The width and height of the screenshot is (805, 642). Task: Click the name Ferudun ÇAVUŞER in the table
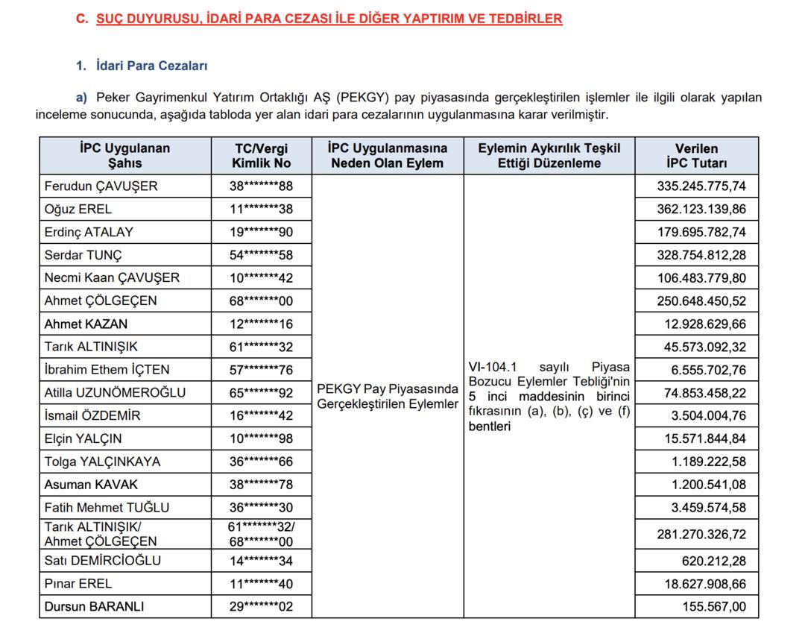[x=101, y=186]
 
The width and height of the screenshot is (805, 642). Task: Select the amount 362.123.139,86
[x=701, y=209]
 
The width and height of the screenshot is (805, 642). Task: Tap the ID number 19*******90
[x=261, y=232]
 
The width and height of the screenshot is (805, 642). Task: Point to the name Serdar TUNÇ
[x=83, y=255]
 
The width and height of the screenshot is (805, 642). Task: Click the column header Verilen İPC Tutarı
[x=696, y=155]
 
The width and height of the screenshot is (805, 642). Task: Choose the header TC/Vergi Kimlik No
[x=261, y=155]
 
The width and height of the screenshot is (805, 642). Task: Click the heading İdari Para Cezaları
[x=151, y=66]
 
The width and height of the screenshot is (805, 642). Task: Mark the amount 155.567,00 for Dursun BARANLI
[x=714, y=606]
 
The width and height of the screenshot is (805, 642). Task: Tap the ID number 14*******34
[x=261, y=560]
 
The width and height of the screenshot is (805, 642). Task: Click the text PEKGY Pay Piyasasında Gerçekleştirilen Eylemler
[x=388, y=396]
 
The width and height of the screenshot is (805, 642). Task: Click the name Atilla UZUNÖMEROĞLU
[x=115, y=392]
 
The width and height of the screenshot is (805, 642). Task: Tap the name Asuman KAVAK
[x=91, y=484]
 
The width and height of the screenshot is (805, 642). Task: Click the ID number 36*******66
[x=261, y=462]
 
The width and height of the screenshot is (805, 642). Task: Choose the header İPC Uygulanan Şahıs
[x=124, y=155]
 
